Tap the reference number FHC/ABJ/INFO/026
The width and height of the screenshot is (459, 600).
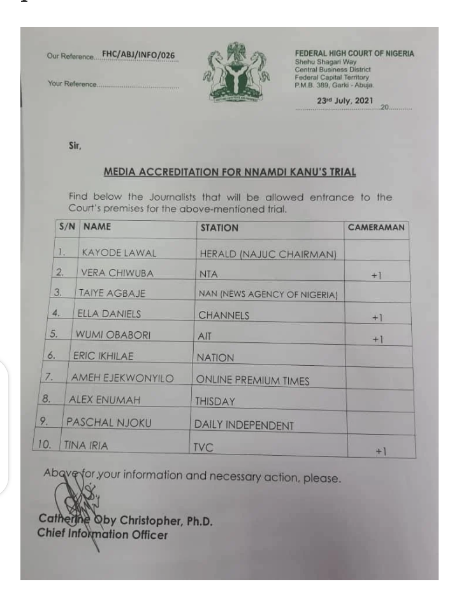pos(138,56)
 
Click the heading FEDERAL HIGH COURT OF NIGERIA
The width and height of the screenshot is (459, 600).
pos(354,54)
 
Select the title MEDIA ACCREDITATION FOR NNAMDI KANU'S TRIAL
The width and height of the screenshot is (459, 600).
pos(229,172)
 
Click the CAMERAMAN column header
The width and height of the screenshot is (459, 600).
pos(376,227)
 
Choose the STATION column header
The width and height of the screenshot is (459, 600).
pos(219,227)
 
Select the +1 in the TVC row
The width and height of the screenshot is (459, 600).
pos(381,451)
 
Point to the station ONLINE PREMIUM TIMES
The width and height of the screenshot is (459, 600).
pos(252,380)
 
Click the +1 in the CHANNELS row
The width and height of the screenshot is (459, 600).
pos(377,317)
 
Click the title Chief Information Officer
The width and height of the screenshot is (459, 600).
pos(103,534)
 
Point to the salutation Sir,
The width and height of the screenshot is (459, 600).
pos(75,146)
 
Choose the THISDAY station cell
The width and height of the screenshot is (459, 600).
pos(215,403)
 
